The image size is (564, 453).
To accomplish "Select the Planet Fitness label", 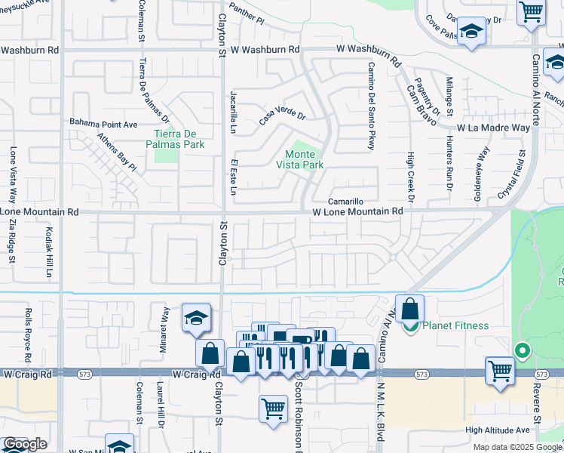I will (x=455, y=326).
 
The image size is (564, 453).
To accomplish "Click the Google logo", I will (x=25, y=445).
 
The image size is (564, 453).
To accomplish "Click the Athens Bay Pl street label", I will (x=116, y=151).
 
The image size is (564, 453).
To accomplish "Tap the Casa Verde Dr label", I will (x=282, y=117).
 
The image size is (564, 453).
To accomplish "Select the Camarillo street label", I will (x=346, y=202).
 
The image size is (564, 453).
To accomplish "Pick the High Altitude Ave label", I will (x=497, y=430).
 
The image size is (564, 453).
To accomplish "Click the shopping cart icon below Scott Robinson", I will (x=273, y=408).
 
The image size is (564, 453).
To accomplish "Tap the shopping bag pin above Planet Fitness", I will (x=409, y=309).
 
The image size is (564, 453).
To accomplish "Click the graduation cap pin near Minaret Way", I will (x=196, y=319).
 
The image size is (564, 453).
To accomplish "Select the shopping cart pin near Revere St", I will (x=500, y=371).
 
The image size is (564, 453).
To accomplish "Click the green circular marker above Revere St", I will (x=521, y=350).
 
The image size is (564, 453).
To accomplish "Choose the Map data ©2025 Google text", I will (x=516, y=447).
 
